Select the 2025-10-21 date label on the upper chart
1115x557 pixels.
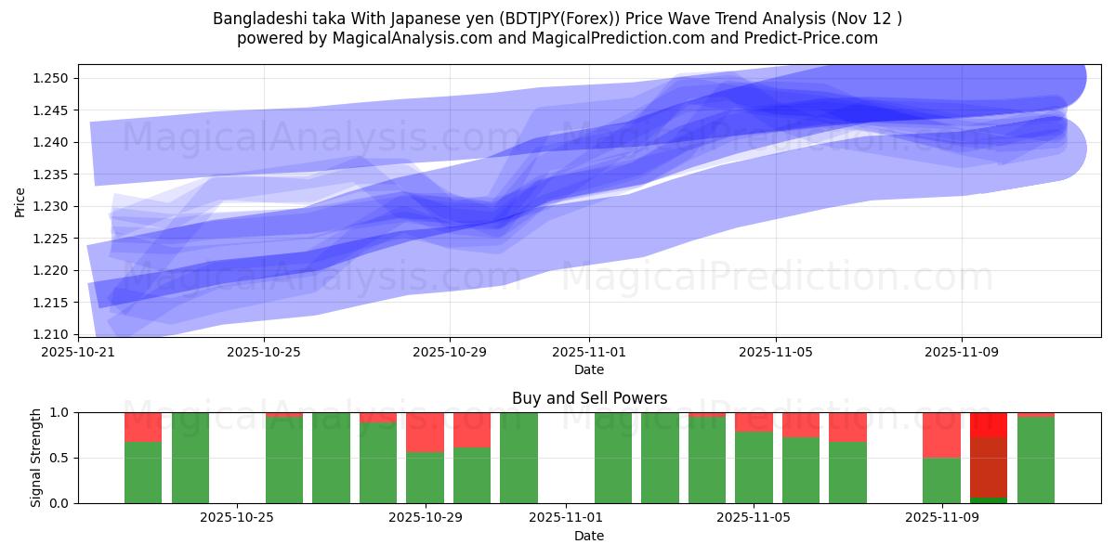pos(78,353)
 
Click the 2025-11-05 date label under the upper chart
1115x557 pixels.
pos(776,353)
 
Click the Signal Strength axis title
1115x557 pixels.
pos(35,458)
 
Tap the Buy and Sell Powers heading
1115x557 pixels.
pos(589,398)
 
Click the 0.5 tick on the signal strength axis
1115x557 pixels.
pos(59,458)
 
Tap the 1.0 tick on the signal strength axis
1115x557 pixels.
pos(59,412)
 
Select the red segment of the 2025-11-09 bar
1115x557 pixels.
pos(941,434)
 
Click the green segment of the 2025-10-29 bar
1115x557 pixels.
pos(425,478)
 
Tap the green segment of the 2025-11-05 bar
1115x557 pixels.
pos(754,468)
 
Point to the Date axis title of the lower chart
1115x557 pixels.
pos(589,536)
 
